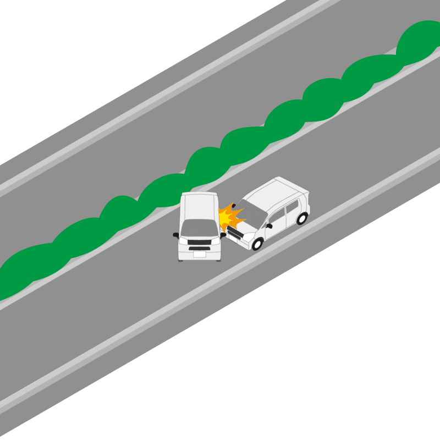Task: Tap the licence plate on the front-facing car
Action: (199, 254)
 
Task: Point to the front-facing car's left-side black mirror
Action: (176, 235)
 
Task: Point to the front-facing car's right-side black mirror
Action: (223, 235)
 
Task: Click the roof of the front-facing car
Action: (199, 206)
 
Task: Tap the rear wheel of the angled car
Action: (301, 218)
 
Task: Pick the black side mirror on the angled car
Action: (269, 226)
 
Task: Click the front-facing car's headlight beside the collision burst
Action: (216, 240)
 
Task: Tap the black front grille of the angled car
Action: (235, 233)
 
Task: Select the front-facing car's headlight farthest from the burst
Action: (183, 241)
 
